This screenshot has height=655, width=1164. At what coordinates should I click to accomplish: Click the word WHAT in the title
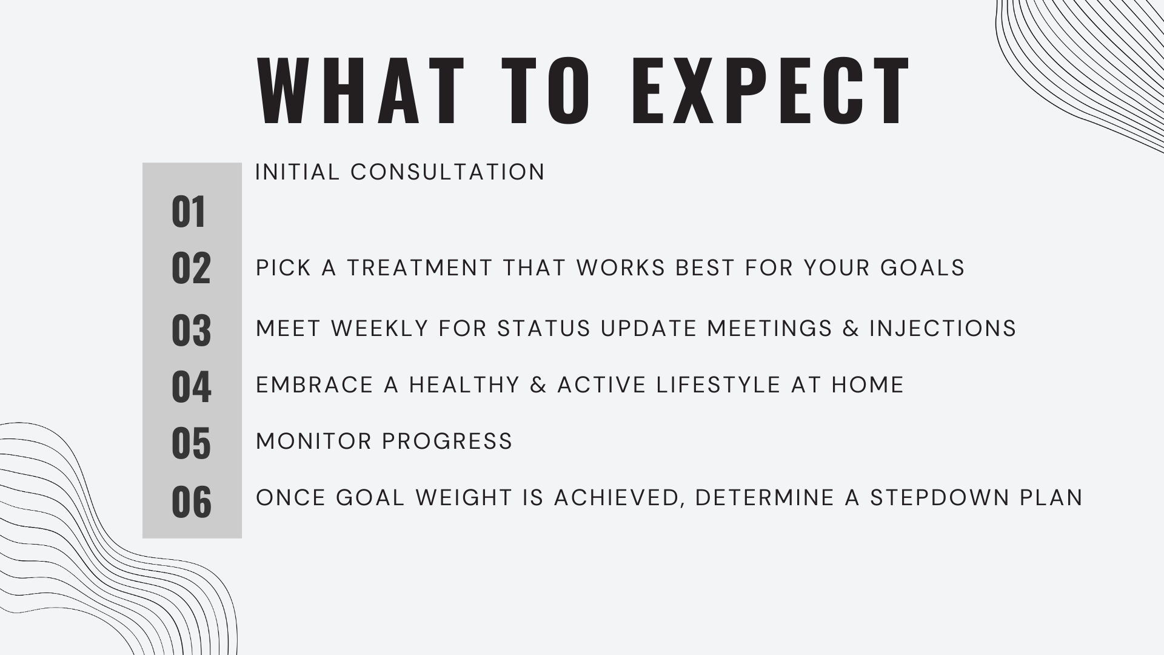pos(362,91)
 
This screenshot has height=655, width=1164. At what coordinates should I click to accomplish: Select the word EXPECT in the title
pos(771,91)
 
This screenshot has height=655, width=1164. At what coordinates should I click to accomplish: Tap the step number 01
pos(189,212)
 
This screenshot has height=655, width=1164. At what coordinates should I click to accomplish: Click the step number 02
pos(191,268)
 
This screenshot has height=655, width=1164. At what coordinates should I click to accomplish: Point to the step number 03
pos(191,331)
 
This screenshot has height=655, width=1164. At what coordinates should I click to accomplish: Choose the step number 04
pos(191,387)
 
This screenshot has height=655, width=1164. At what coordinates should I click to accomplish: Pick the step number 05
pos(191,443)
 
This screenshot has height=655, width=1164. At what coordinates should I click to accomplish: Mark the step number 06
pos(191,502)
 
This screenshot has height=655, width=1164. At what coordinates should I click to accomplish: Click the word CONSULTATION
pos(448,172)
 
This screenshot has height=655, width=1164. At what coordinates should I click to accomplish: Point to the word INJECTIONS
pos(943,329)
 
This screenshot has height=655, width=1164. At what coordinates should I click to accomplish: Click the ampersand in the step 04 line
pos(538,385)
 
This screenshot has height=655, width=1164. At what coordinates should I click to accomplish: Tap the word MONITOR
pos(314,442)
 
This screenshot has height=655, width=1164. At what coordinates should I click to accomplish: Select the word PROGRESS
pos(448,442)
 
